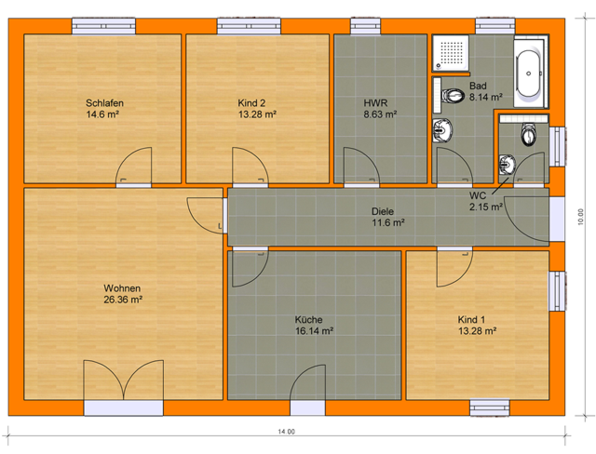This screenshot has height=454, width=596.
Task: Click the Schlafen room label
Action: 105,103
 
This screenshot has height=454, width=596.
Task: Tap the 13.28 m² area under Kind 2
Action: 257,114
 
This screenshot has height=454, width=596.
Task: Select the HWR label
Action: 376,103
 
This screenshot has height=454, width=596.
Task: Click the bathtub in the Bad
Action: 529,73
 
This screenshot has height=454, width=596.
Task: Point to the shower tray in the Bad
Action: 451,52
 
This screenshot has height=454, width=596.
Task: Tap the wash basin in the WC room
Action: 507,165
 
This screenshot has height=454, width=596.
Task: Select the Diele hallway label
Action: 382,211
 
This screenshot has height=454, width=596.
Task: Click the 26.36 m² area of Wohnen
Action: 123,300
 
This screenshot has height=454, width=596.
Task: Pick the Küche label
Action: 309,319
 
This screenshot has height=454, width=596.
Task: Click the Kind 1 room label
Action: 471,319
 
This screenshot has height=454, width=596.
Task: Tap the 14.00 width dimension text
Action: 286,432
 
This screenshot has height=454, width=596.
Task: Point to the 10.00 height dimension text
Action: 580,217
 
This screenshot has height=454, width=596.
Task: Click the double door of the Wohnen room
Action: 124,380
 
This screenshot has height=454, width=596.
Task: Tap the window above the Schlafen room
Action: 104,26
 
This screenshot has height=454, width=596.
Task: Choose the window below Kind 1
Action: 490,408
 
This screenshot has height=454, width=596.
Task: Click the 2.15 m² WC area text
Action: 486,207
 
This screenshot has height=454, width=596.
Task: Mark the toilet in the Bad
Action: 453,95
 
